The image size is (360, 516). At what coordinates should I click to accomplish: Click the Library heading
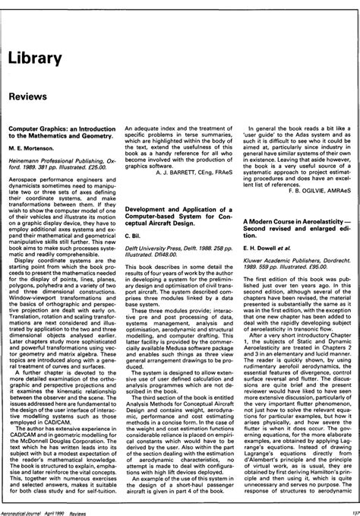pos(35,59)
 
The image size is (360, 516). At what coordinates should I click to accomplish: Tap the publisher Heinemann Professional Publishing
pos(63,174)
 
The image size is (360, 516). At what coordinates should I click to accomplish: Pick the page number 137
pos(349,511)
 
